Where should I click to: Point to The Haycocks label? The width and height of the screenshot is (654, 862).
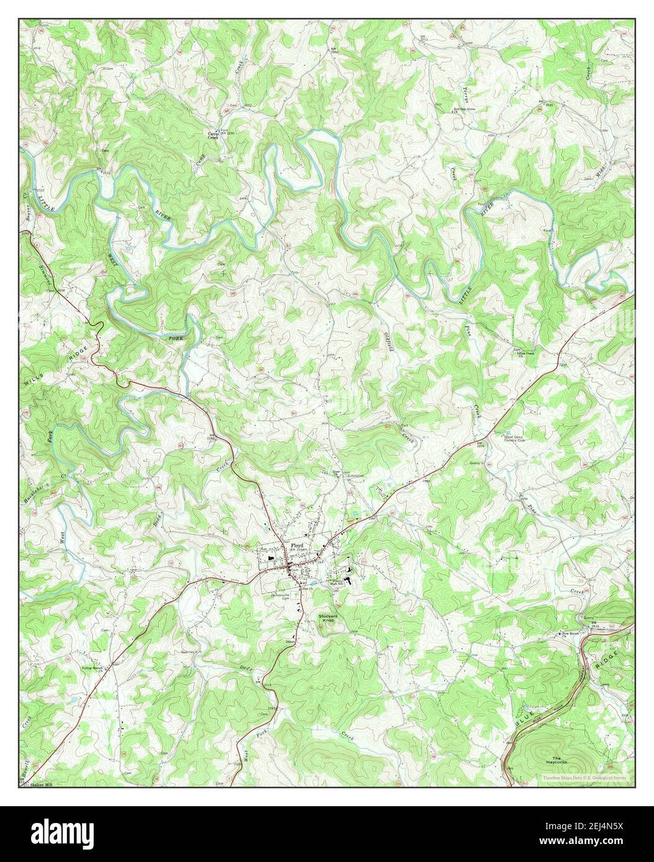[x=556, y=760]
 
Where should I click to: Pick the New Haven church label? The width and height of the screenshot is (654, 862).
[x=570, y=633]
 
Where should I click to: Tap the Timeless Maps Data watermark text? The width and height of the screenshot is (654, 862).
[x=583, y=778]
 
